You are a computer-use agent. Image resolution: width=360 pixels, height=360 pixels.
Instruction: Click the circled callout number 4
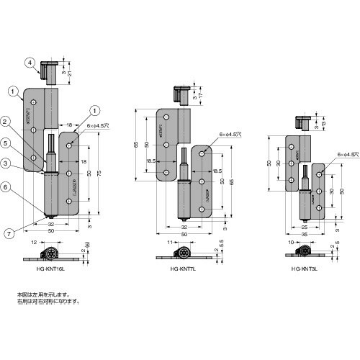click(x=30, y=63)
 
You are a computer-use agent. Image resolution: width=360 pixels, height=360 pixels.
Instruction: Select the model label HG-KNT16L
click(x=54, y=268)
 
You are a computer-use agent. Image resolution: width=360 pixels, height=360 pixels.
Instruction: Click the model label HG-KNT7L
click(x=181, y=268)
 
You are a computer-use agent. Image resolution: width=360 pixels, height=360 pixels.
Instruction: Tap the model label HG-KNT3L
click(x=305, y=268)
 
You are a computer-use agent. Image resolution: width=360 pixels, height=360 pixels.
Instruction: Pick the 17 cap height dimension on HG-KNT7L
click(x=201, y=94)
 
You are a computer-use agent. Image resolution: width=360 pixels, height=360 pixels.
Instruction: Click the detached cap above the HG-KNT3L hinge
click(x=305, y=122)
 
